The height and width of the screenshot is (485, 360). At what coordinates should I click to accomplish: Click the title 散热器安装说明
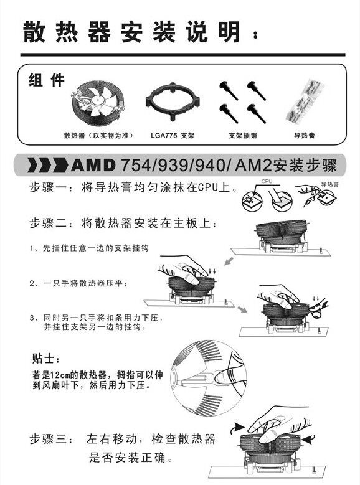tap(132, 32)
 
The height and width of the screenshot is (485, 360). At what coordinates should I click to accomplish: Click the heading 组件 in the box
tap(47, 80)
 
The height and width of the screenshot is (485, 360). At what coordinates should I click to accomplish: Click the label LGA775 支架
tap(173, 136)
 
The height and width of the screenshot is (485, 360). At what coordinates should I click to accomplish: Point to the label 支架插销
tap(243, 136)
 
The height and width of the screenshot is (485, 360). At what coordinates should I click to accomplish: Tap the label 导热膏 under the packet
tap(305, 136)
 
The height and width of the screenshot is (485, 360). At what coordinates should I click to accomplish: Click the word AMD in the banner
tap(93, 165)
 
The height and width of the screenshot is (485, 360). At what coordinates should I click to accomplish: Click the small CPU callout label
tap(267, 182)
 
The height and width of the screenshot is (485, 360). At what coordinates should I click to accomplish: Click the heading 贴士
tap(45, 359)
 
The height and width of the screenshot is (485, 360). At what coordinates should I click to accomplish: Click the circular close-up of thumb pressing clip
tap(208, 379)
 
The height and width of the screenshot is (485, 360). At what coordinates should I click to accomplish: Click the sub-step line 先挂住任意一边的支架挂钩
tap(89, 248)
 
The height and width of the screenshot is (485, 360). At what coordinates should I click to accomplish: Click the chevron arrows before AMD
tap(49, 165)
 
